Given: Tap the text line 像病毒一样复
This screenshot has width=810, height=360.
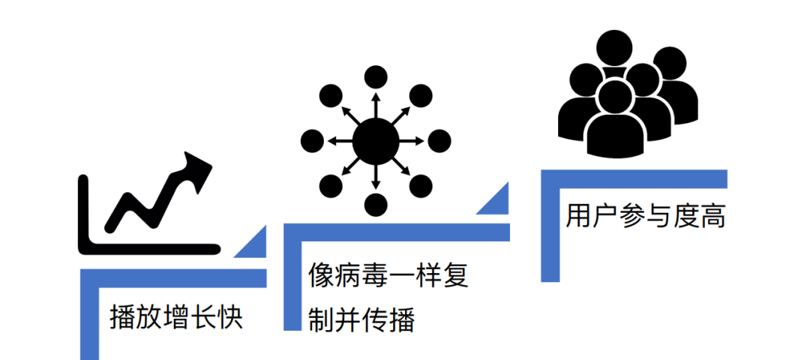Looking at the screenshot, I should point(388,275).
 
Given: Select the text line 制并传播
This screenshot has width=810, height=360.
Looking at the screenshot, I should point(361,320).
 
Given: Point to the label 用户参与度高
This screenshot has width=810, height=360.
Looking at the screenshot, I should point(646,217).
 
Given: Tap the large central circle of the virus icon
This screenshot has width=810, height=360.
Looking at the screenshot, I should point(376,140).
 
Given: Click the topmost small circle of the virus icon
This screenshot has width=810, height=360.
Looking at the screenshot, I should point(376,77).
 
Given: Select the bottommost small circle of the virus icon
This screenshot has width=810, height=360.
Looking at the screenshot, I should point(376,203).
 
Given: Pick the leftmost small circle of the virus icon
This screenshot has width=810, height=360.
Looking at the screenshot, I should point(312,140).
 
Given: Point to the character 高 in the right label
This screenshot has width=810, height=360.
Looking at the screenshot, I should point(713,217).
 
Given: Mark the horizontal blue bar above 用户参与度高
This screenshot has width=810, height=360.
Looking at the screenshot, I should point(634,178).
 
